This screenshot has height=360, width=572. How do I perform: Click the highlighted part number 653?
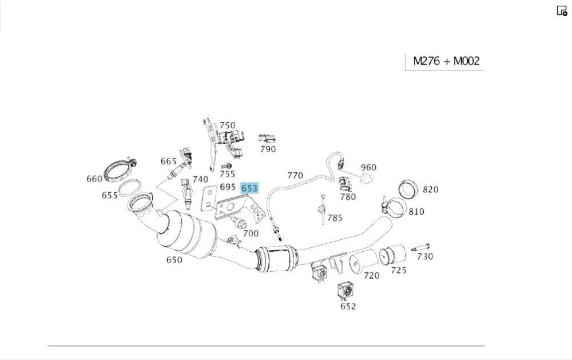tap(249, 188)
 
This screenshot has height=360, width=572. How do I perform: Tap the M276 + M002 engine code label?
tap(446, 61)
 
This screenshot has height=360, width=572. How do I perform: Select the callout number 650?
tap(174, 260)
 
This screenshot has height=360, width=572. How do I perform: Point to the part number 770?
tap(295, 175)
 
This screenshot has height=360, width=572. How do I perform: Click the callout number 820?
tap(430, 189)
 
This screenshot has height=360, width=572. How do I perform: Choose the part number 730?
tap(425, 256)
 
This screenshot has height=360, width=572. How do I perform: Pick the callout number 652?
tap(348, 306)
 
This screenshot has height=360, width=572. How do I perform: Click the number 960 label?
tap(369, 167)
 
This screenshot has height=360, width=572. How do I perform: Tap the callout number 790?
tap(268, 149)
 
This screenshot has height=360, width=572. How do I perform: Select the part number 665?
tap(169, 161)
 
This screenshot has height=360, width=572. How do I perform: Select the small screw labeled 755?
tap(225, 166)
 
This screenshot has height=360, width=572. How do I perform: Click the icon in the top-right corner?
tap(562, 11)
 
